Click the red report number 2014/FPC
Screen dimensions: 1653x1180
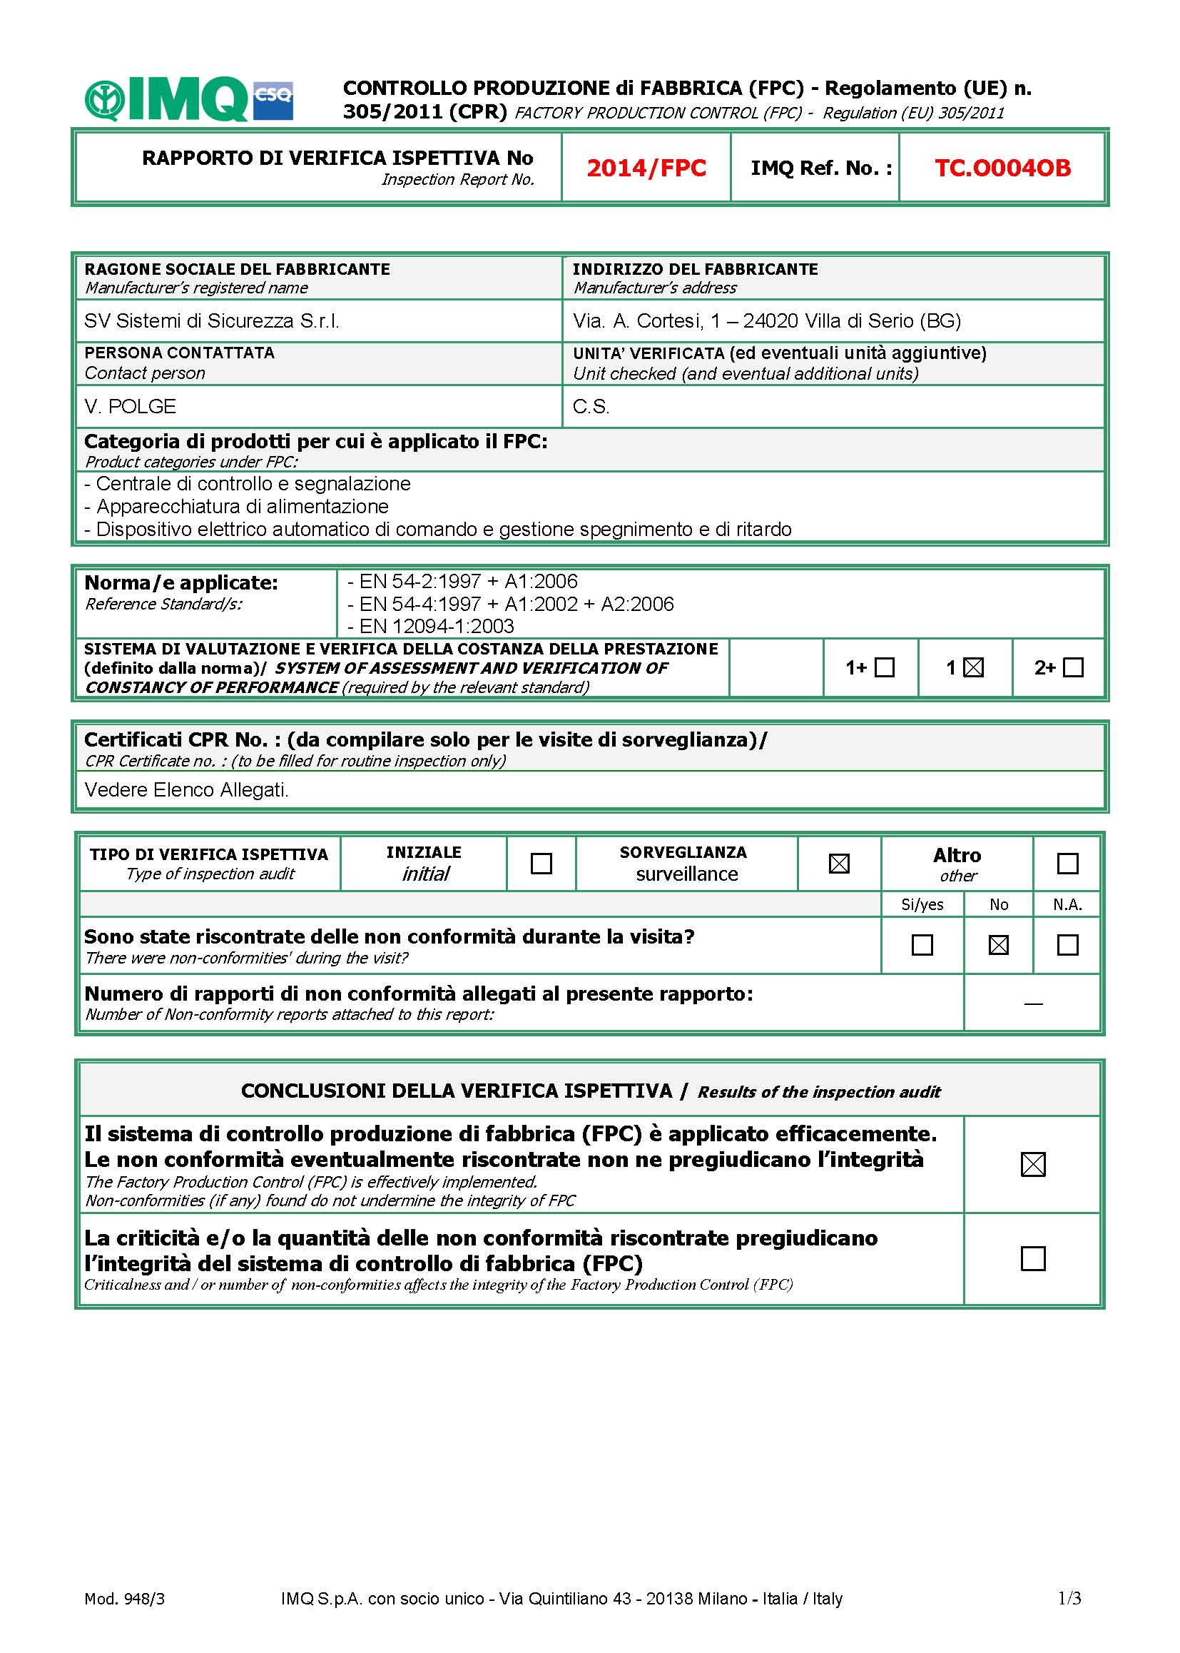(646, 168)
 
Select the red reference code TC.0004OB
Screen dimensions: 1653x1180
(1002, 168)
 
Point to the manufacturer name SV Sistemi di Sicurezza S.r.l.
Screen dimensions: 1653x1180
(211, 320)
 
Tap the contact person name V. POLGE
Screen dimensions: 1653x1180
(130, 406)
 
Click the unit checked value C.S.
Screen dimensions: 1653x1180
(591, 406)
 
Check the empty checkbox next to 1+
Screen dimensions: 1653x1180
(884, 667)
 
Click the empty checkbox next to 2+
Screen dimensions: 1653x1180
(1072, 667)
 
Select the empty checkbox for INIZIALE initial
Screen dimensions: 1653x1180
(541, 864)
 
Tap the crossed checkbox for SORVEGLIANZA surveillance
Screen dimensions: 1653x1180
(839, 864)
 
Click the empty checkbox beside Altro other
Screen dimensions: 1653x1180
(1067, 864)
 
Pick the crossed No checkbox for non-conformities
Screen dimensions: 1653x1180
(998, 945)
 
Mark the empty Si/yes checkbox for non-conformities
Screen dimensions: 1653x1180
(922, 945)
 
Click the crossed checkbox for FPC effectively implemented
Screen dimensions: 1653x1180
(1032, 1165)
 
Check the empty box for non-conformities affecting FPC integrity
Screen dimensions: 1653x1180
(1032, 1258)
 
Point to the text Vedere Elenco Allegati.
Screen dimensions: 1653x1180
(186, 789)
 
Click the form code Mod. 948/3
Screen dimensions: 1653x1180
(124, 1599)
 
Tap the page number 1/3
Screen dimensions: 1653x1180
(1069, 1598)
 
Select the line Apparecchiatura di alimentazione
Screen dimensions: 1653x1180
(242, 506)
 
